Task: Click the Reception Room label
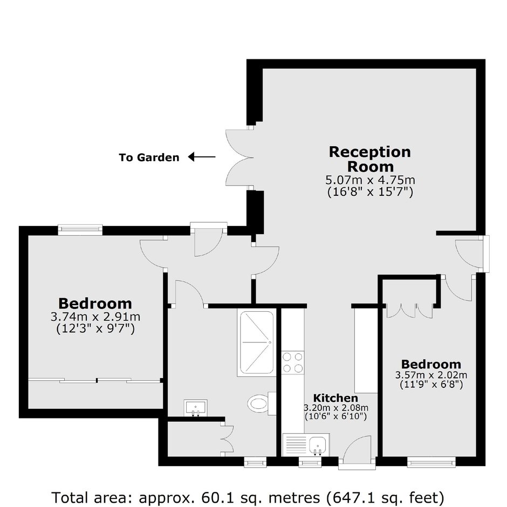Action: (370, 159)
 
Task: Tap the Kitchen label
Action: (335, 398)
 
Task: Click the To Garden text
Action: (149, 157)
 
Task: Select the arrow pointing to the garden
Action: (202, 157)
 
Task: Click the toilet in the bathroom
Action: (261, 403)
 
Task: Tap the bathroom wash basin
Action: (196, 408)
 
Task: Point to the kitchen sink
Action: (317, 445)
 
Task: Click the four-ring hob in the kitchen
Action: (293, 362)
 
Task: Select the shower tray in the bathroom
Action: (257, 342)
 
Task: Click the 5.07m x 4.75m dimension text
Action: (370, 180)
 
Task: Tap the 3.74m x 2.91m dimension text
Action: (95, 316)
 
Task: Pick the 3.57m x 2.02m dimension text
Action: (431, 375)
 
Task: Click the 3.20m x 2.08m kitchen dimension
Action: (336, 408)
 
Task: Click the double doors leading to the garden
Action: (239, 157)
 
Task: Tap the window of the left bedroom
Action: (80, 229)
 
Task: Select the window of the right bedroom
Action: (431, 462)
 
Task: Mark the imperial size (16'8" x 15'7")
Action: (370, 191)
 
